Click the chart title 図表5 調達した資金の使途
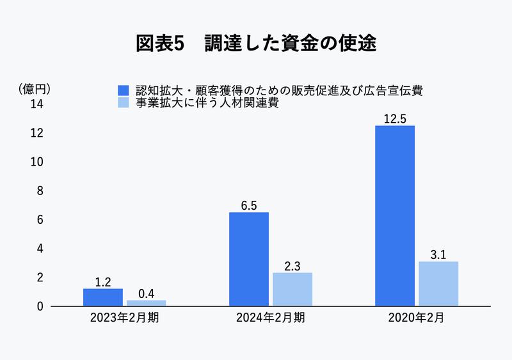(256, 43)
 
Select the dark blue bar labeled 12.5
(395, 215)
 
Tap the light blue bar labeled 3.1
(438, 283)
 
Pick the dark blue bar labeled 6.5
(249, 259)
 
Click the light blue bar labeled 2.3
(292, 289)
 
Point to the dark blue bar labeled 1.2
(103, 297)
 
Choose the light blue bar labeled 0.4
(147, 303)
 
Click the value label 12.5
(395, 118)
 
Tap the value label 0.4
(147, 293)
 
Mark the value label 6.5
(249, 205)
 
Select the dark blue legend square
(124, 90)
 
